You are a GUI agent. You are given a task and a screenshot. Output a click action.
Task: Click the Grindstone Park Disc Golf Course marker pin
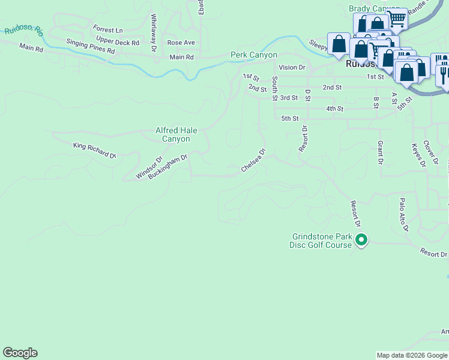(361, 241)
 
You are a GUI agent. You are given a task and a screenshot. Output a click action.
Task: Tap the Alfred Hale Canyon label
(176, 134)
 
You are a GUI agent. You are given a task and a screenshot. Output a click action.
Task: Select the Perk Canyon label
(254, 55)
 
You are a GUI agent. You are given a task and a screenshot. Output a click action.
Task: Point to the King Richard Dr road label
(94, 151)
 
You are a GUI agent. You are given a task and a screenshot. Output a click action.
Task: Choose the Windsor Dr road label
(149, 168)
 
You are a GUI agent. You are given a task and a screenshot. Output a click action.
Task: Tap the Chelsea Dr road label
(253, 161)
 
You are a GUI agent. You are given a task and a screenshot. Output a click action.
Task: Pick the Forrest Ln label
(107, 29)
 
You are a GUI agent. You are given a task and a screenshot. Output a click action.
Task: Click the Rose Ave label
(181, 43)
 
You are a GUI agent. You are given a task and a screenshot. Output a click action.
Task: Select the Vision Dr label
(292, 68)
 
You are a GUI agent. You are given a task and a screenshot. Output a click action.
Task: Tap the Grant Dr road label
(380, 152)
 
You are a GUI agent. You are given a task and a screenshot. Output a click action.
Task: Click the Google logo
(20, 353)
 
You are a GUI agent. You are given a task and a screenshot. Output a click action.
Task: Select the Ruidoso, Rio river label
(23, 29)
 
